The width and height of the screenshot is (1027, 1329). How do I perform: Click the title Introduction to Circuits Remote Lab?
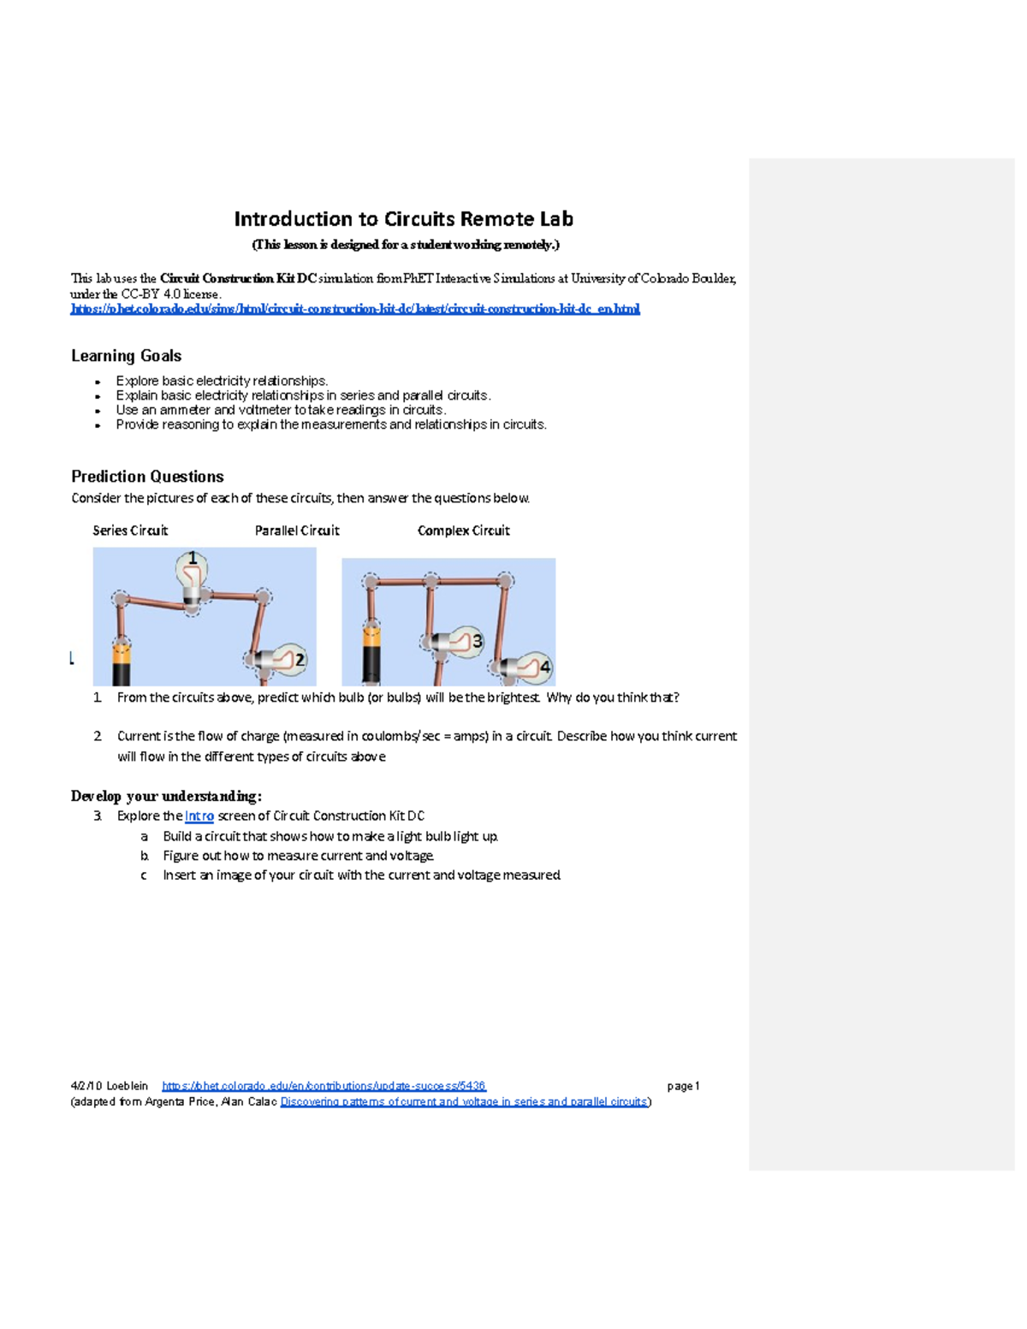pos(403,219)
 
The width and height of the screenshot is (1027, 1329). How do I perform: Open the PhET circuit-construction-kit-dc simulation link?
pos(354,309)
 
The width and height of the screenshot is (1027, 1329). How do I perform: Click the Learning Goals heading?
pos(126,356)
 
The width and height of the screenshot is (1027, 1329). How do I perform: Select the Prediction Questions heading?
pos(147,477)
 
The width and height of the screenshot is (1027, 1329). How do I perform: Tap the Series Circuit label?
pos(130,531)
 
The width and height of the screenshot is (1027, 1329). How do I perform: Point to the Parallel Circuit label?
pos(297,531)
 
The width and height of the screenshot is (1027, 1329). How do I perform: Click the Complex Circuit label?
pos(463,531)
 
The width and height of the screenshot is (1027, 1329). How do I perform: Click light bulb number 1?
pos(192,578)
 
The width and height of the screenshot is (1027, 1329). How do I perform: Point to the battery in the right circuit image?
pos(371,655)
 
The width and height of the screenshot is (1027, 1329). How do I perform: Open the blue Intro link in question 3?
pos(199,816)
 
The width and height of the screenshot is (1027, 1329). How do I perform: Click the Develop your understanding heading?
pos(166,797)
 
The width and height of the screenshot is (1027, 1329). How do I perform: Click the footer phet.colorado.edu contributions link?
pos(324,1086)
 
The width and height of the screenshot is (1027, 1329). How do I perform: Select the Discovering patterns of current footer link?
pos(464,1102)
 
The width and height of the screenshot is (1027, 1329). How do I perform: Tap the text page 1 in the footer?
pos(683,1086)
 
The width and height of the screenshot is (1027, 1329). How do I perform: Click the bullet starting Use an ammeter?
pos(281,410)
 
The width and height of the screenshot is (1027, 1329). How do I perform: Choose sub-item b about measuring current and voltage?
pos(298,856)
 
